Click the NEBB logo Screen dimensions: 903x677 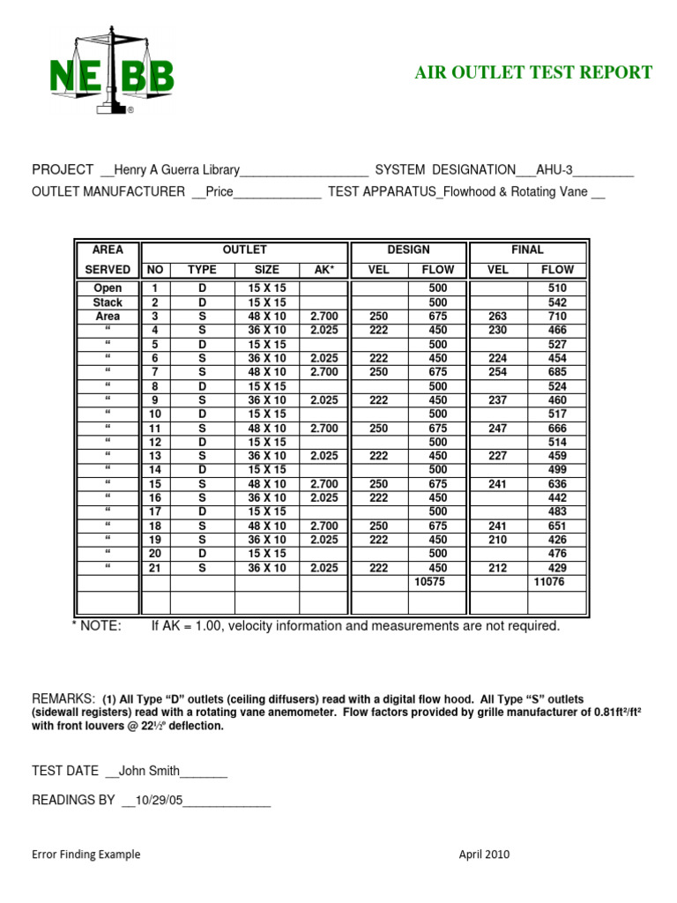pos(111,74)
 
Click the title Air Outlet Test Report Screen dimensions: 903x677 pos(533,72)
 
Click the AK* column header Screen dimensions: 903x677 pos(324,270)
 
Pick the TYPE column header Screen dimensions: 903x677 pos(202,270)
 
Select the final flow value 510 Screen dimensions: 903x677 pos(557,288)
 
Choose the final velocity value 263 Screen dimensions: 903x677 pos(498,317)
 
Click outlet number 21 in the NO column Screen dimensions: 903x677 pos(155,568)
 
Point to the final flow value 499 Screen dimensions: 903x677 pos(557,470)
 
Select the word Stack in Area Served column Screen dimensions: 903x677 pos(108,302)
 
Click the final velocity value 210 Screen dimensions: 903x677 pos(498,540)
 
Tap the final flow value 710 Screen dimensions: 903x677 pos(557,317)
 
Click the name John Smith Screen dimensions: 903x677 pos(147,772)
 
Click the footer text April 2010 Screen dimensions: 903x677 pos(484,854)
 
